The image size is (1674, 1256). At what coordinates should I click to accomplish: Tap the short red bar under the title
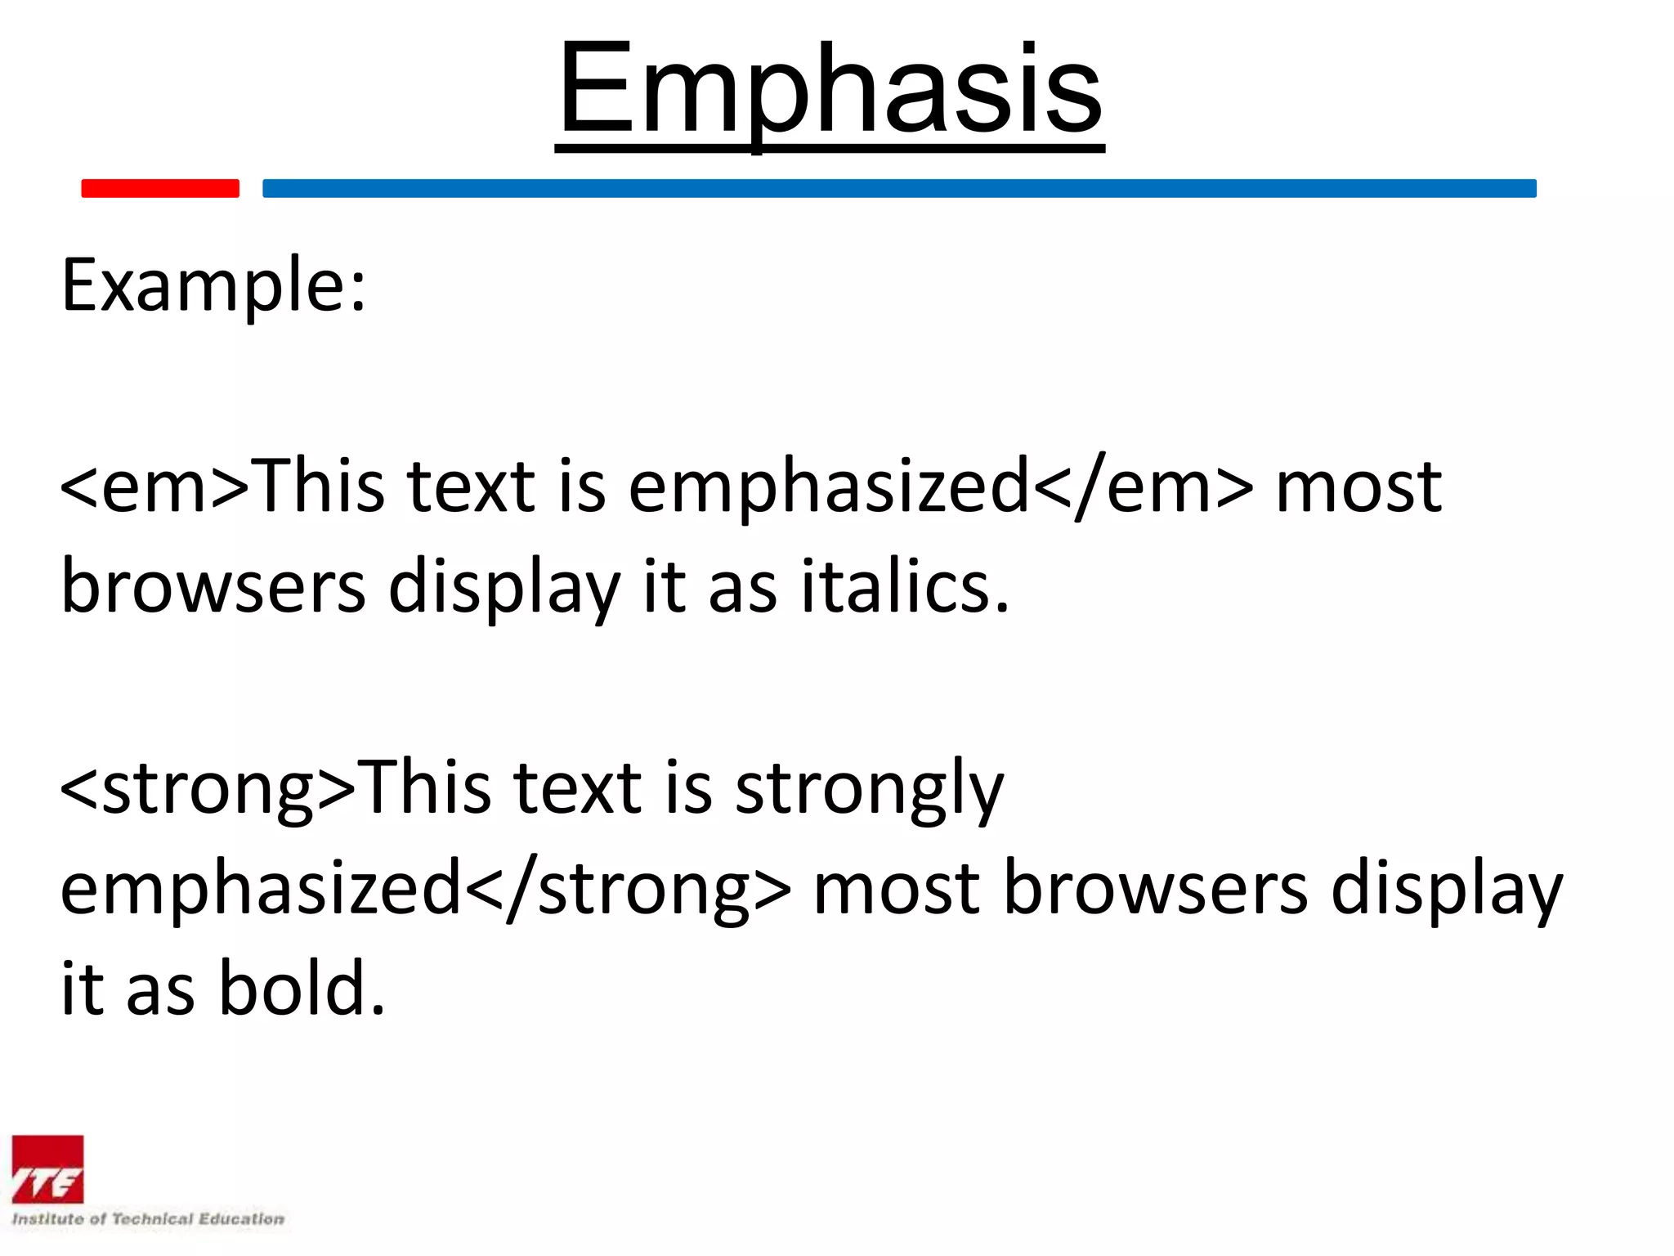tap(160, 188)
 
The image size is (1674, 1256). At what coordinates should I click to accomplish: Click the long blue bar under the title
tap(899, 188)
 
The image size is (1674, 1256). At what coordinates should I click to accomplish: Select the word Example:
tap(214, 286)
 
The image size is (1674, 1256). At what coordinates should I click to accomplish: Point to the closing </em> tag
tap(1144, 487)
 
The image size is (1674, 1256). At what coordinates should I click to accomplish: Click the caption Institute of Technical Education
tap(148, 1219)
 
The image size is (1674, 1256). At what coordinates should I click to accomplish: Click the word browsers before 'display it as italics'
tap(213, 587)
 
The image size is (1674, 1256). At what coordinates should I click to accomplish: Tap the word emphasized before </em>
tap(829, 489)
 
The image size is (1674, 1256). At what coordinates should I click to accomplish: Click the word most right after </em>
tap(1358, 489)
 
